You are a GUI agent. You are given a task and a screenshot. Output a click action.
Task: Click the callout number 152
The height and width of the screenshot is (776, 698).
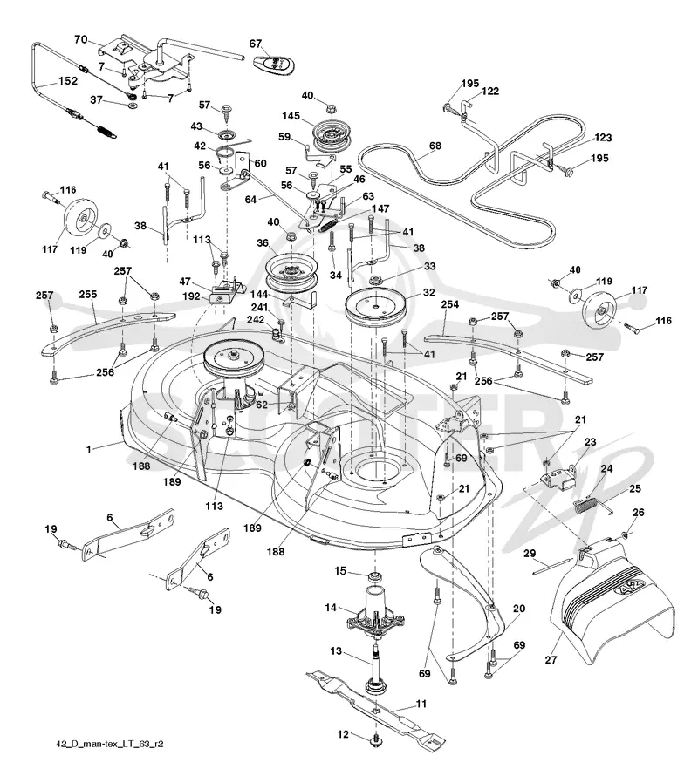tap(68, 81)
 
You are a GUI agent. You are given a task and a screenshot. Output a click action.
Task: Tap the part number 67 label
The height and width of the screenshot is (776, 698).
tap(255, 44)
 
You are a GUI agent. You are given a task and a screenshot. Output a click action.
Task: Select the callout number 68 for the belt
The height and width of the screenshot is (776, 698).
tap(435, 146)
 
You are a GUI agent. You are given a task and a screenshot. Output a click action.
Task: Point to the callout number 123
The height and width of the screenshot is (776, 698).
tap(603, 137)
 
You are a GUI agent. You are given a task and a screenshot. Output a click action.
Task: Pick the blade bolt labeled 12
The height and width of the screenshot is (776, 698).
tap(376, 740)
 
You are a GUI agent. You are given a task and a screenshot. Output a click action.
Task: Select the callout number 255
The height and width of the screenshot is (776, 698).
tap(88, 294)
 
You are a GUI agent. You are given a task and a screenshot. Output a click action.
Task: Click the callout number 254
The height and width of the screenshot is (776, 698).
tap(450, 304)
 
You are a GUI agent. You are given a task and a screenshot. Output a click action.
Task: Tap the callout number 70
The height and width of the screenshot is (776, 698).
tap(81, 39)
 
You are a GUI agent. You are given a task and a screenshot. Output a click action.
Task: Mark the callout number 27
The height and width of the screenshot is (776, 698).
tap(551, 659)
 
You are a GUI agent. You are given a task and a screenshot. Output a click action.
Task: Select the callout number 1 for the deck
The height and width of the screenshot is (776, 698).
tap(89, 449)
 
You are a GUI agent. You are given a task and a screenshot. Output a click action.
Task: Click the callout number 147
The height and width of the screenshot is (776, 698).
tap(380, 209)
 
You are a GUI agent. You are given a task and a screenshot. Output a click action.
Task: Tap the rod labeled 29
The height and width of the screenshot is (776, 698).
tap(553, 567)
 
